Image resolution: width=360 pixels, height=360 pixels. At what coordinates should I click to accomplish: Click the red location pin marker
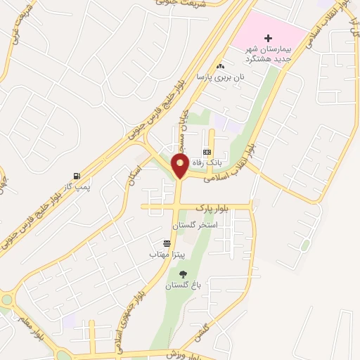pyautogui.click(x=180, y=167)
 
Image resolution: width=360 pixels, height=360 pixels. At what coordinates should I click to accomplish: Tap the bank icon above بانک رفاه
pyautogui.click(x=207, y=152)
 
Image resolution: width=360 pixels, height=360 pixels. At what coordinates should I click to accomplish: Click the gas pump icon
pyautogui.click(x=75, y=176)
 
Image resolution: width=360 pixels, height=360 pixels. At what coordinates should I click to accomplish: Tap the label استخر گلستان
pyautogui.click(x=198, y=224)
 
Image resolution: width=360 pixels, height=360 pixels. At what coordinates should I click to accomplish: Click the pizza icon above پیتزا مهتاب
pyautogui.click(x=167, y=243)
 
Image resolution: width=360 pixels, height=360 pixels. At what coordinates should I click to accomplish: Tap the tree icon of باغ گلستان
pyautogui.click(x=184, y=275)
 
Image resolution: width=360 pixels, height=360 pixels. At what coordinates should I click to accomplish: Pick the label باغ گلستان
pyautogui.click(x=183, y=285)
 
